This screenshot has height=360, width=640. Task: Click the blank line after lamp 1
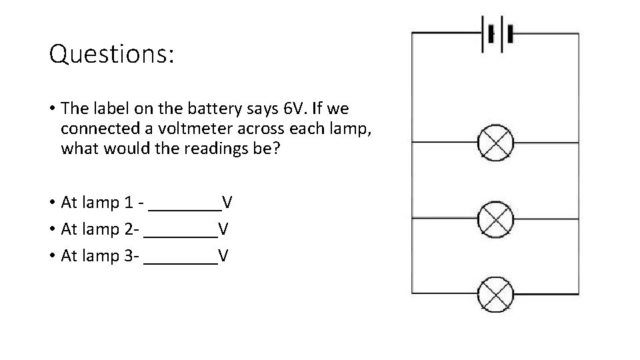pos(185,209)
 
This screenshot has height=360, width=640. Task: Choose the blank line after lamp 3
pos(181,263)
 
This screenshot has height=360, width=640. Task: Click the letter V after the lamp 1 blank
pos(227,201)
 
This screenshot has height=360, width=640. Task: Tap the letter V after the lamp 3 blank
pos(223,255)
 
